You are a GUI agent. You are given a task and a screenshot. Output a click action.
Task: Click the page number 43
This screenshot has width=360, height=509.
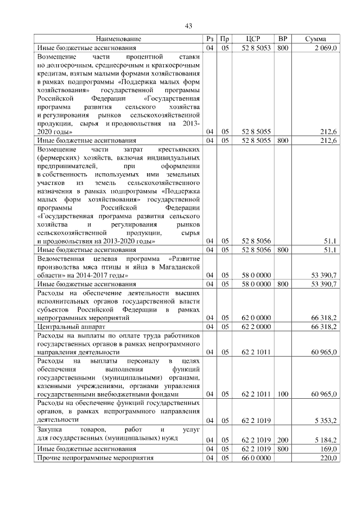click(188, 25)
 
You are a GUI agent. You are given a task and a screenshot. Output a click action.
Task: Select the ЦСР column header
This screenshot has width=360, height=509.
click(253, 39)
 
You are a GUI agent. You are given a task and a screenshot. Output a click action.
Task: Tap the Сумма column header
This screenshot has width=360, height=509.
click(315, 39)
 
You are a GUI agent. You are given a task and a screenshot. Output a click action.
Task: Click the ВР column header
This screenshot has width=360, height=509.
click(283, 39)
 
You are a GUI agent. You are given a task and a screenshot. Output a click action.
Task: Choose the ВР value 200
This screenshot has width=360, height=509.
click(283, 440)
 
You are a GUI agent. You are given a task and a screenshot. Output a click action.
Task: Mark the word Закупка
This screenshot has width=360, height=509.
click(50, 431)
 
